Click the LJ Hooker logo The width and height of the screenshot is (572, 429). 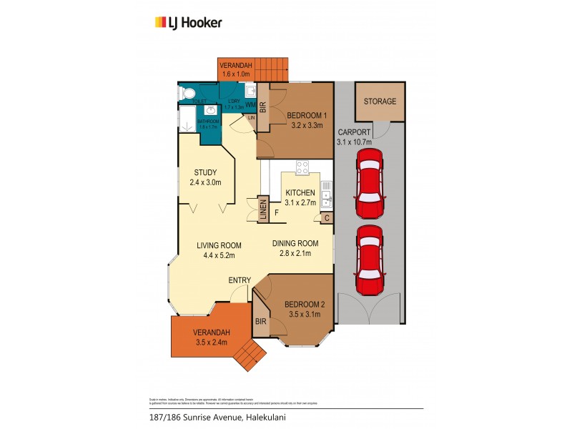pyautogui.click(x=189, y=22)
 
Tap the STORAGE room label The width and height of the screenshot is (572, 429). pyautogui.click(x=380, y=102)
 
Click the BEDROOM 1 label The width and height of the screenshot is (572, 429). pyautogui.click(x=307, y=116)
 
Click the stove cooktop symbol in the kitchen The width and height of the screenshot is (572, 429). pyautogui.click(x=302, y=169)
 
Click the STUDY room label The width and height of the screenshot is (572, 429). pyautogui.click(x=206, y=172)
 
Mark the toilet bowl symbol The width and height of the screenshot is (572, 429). pyautogui.click(x=187, y=93)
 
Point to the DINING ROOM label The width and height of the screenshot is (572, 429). pyautogui.click(x=297, y=243)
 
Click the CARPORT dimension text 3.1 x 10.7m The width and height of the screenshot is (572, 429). pyautogui.click(x=354, y=142)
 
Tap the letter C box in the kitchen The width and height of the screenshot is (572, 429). pyautogui.click(x=326, y=218)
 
